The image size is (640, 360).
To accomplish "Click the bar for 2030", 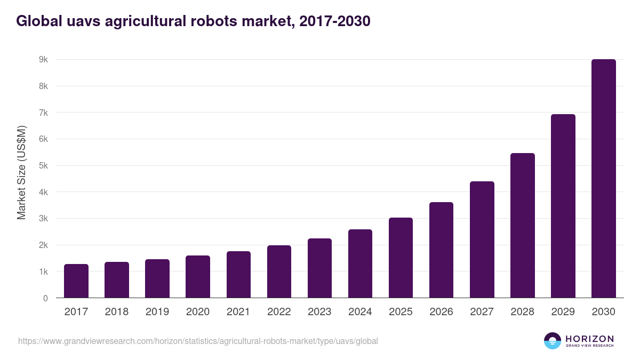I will [x=603, y=179].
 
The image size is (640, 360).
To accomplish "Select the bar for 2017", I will [x=76, y=281].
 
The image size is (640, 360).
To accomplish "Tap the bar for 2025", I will [x=401, y=258].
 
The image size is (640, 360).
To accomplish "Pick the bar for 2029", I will [x=563, y=206].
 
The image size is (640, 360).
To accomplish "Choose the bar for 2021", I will [x=238, y=275].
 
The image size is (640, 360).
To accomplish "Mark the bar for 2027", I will [x=482, y=239].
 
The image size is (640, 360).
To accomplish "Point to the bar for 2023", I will [x=319, y=268].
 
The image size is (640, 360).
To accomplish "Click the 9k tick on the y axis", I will [x=43, y=60].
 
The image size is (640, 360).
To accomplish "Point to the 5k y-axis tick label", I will [x=43, y=166].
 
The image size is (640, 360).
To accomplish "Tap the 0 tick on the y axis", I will [x=46, y=298].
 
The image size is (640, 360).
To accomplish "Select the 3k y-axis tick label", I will [x=43, y=219].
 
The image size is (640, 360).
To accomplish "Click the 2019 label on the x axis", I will [x=157, y=312].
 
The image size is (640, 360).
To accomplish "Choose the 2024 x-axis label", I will [x=360, y=312].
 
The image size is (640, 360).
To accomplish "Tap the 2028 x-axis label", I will [x=522, y=312].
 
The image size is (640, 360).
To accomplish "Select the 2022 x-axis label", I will [x=279, y=312].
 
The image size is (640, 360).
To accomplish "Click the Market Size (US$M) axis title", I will [x=21, y=172].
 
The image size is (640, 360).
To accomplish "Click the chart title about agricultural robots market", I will [x=193, y=21].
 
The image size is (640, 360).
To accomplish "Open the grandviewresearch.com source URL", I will [x=198, y=341].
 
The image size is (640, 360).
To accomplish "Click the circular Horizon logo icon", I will [x=553, y=341].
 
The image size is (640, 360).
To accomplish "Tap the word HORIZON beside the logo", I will [x=589, y=338].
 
